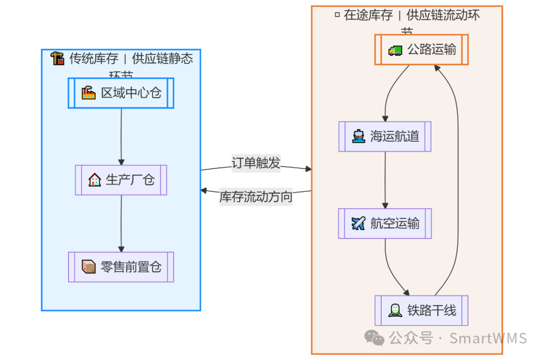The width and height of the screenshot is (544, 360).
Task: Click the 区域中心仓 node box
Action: click(x=121, y=93)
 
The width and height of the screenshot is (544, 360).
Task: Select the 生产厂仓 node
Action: click(x=121, y=180)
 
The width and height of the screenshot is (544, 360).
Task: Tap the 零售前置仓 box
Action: click(x=121, y=267)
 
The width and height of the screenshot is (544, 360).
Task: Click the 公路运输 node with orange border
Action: click(x=422, y=49)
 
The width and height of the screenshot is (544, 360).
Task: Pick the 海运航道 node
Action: click(x=385, y=136)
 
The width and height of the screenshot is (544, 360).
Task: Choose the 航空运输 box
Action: click(x=385, y=223)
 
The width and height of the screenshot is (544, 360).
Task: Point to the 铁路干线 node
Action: click(x=422, y=311)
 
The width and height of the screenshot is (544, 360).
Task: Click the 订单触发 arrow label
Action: click(x=256, y=163)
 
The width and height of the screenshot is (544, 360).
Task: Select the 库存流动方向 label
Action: click(x=256, y=197)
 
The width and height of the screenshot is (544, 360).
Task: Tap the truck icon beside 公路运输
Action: click(x=395, y=50)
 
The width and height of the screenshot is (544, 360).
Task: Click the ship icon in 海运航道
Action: click(x=359, y=136)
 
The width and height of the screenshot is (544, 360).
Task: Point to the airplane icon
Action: click(x=358, y=223)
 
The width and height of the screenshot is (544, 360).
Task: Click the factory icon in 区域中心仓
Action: click(x=89, y=93)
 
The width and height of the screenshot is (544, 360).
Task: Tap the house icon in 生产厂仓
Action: click(x=94, y=180)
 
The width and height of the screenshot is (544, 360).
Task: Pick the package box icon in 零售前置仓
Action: click(x=89, y=267)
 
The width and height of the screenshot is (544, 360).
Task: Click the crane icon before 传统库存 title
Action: click(x=57, y=58)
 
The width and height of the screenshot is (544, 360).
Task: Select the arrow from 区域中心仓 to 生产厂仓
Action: click(x=121, y=136)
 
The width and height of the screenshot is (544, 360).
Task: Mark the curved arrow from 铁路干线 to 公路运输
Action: click(x=457, y=176)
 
